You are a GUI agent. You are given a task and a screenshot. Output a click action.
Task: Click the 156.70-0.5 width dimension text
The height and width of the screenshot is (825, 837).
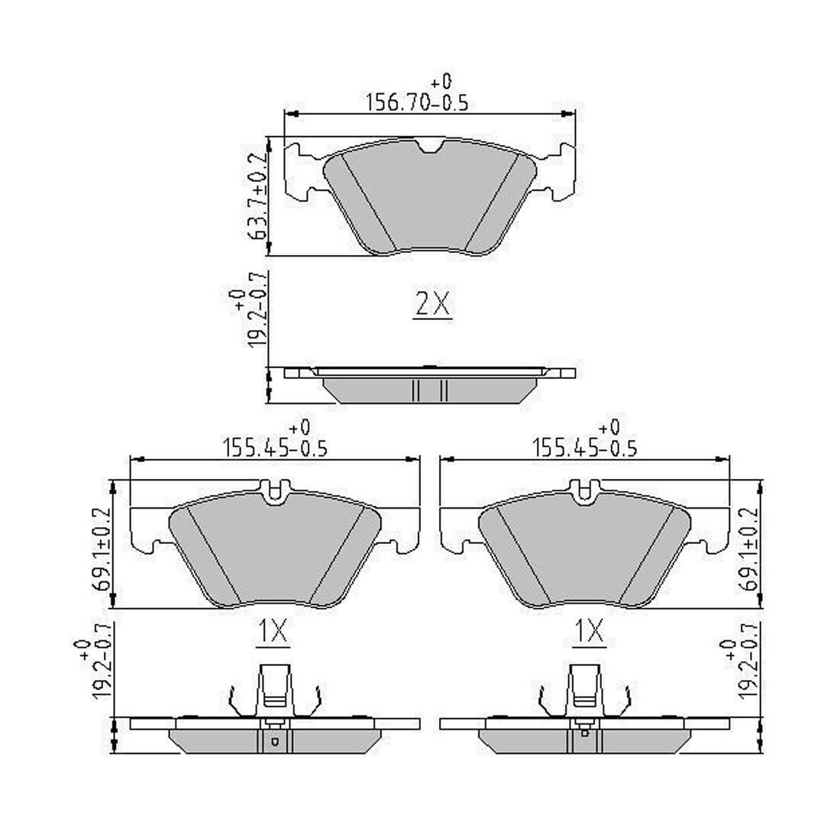pyautogui.click(x=417, y=102)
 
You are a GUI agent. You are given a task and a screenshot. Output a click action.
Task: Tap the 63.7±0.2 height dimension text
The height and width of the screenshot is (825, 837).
pyautogui.click(x=258, y=196)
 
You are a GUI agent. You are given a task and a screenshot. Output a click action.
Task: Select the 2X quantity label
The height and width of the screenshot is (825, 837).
pyautogui.click(x=432, y=305)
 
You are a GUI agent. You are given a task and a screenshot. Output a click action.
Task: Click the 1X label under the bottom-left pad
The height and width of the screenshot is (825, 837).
pyautogui.click(x=273, y=631)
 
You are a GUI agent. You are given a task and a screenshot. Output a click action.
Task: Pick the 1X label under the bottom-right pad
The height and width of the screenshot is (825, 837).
pyautogui.click(x=589, y=631)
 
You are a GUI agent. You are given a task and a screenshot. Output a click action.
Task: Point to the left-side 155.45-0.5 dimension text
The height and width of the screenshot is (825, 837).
pyautogui.click(x=275, y=448)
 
